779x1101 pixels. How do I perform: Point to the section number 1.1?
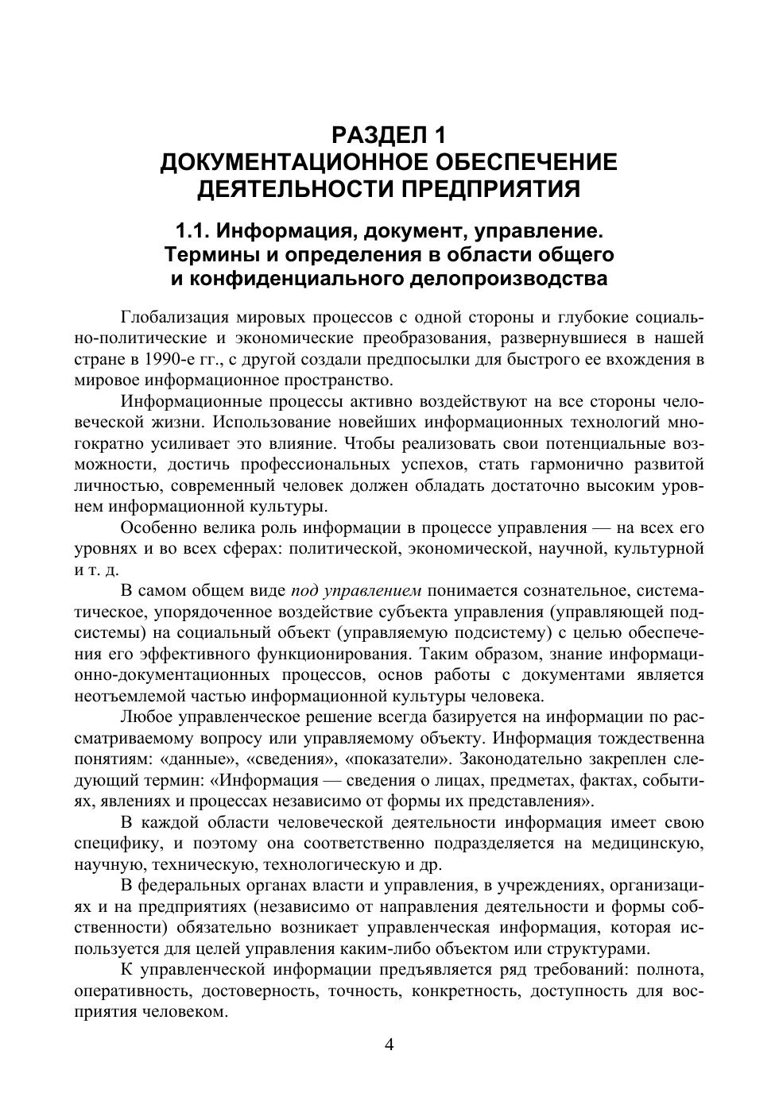click(x=192, y=232)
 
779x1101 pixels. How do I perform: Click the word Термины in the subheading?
click(x=204, y=255)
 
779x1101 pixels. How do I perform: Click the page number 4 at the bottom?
click(x=389, y=1045)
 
